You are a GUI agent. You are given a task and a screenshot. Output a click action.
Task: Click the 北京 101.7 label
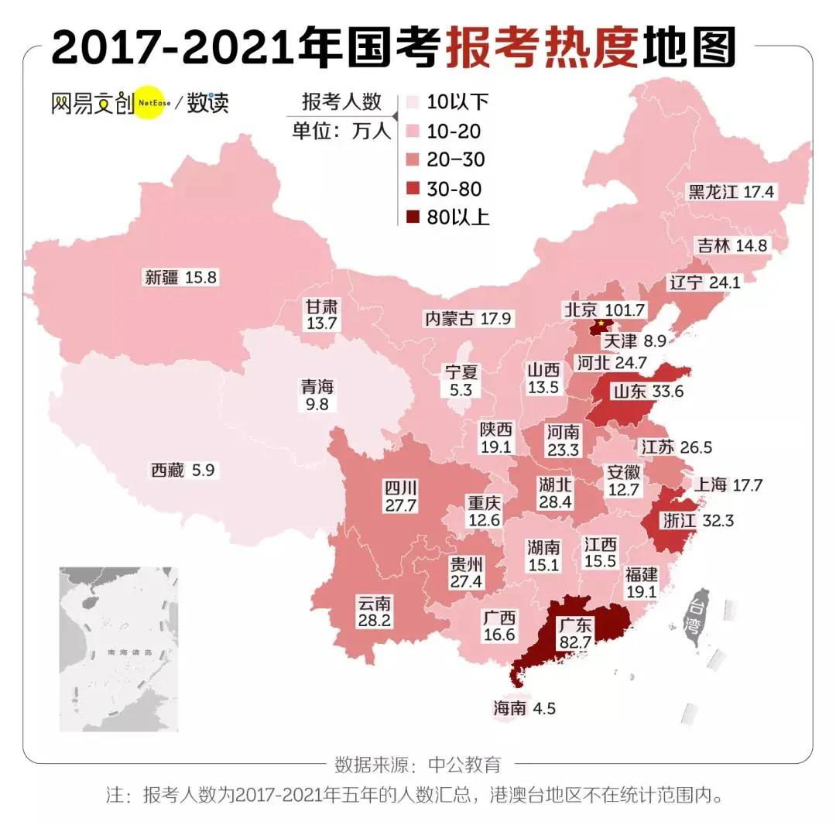point(604,310)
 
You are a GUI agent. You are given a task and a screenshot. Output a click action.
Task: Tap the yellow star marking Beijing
point(599,323)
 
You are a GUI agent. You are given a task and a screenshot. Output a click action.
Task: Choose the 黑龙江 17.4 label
point(731,192)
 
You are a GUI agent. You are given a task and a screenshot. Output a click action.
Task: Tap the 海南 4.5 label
point(524,707)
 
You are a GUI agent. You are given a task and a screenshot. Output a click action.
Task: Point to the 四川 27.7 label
point(401,496)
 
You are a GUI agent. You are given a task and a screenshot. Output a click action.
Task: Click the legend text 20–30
point(456,159)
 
